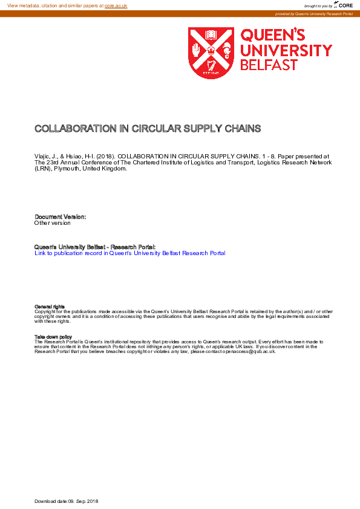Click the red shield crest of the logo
tap(211, 53)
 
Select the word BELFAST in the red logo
tap(269, 65)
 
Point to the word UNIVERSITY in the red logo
tap(286, 50)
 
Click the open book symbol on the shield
tap(211, 35)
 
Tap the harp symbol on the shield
tap(211, 66)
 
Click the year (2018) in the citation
tap(105, 156)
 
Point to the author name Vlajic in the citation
tap(43, 156)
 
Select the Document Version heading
tap(61, 216)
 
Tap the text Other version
tap(53, 223)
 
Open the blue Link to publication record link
tap(130, 253)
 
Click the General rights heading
tap(50, 307)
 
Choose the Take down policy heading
tap(53, 337)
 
